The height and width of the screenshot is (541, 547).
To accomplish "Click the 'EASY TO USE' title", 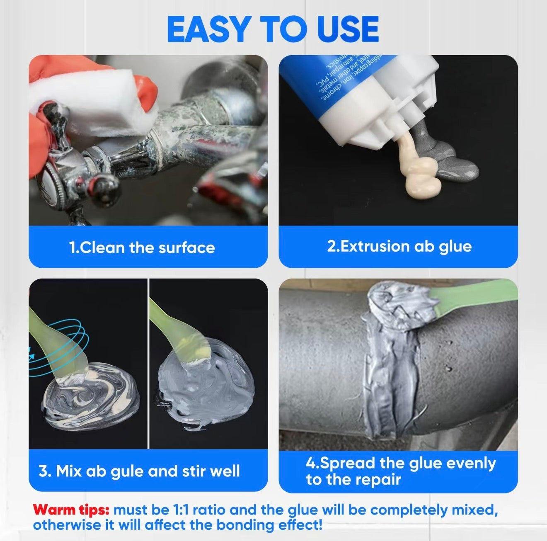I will coord(273,29).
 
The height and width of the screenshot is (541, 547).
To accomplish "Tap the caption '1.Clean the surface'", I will coord(142,247).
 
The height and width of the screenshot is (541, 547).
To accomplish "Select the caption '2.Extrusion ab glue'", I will coord(399,246).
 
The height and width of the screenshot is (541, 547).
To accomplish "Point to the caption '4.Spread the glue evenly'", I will coord(400,463).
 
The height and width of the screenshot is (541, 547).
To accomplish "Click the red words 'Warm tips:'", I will coord(71,509).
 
